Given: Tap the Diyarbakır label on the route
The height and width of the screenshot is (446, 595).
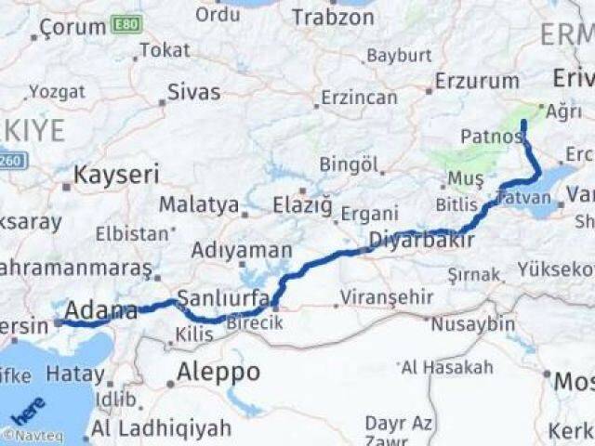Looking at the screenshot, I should (422, 240).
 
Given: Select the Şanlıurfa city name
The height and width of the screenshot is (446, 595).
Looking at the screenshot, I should (223, 298).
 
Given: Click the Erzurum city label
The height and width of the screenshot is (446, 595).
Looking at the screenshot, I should (477, 81).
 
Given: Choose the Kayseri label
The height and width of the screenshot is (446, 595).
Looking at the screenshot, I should (116, 174).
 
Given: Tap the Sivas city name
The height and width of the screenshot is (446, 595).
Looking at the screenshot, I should (194, 91).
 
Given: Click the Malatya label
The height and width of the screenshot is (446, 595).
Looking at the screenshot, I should (198, 204).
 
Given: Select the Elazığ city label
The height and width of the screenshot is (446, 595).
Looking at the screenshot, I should (302, 205).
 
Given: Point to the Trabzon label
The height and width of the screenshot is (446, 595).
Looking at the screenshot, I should (333, 17).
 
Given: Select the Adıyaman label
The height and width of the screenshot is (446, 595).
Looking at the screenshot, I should (241, 250).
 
